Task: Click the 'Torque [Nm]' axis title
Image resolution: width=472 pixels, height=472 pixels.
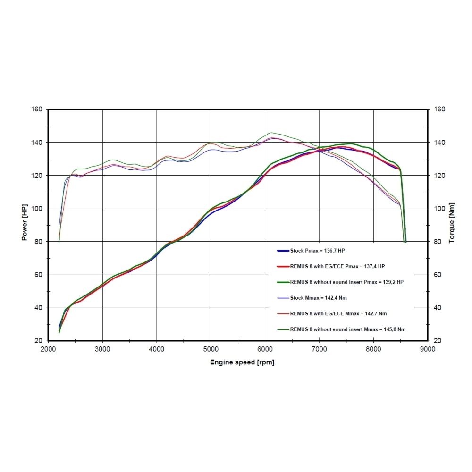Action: tap(451, 225)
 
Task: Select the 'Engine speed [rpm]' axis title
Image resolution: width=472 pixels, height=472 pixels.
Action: tap(242, 362)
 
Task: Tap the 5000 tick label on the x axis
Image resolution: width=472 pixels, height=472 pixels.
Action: tap(211, 350)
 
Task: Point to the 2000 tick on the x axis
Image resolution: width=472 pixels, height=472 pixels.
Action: tap(49, 350)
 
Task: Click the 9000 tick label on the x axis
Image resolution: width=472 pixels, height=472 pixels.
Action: tap(428, 350)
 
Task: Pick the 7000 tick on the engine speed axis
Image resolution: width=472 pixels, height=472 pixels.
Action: tap(320, 350)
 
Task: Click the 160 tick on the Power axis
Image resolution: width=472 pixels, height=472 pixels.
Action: tap(37, 110)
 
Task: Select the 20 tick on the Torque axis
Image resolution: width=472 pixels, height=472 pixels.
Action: tap(438, 341)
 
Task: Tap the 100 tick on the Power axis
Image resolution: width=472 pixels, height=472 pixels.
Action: tap(37, 209)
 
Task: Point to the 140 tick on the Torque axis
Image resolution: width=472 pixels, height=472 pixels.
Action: tap(439, 143)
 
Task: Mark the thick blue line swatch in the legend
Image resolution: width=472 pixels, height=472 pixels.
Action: tap(283, 251)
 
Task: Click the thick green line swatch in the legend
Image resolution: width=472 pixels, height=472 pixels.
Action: tap(283, 282)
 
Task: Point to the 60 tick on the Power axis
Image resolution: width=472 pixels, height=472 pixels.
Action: tap(39, 275)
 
